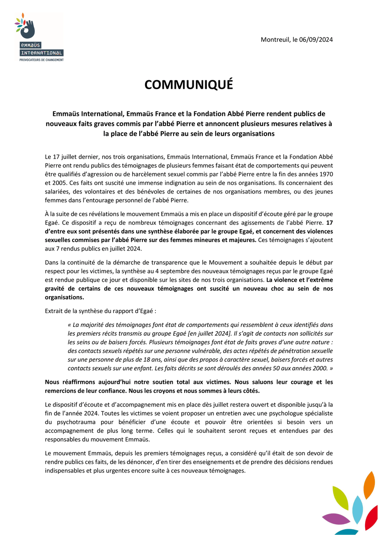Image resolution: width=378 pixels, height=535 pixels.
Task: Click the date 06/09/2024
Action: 316,40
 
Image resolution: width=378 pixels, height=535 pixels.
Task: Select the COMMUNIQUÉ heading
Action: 189,85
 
